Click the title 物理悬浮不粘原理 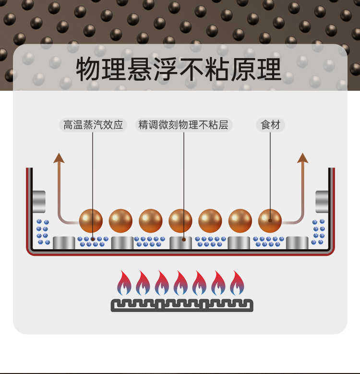pyautogui.click(x=179, y=70)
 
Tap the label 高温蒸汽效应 pyautogui.click(x=94, y=125)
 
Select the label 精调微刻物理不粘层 pyautogui.click(x=183, y=125)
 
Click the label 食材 pyautogui.click(x=270, y=125)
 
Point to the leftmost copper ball pyautogui.click(x=91, y=221)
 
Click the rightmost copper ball pyautogui.click(x=270, y=221)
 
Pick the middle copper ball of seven pyautogui.click(x=180, y=221)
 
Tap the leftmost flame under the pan pyautogui.click(x=124, y=284)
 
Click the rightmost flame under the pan pyautogui.click(x=237, y=284)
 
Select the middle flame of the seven pyautogui.click(x=180, y=284)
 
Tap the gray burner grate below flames pyautogui.click(x=181, y=305)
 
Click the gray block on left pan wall pyautogui.click(x=39, y=201)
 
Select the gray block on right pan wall pyautogui.click(x=322, y=201)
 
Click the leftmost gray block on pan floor pyautogui.click(x=64, y=243)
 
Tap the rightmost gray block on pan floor pyautogui.click(x=297, y=243)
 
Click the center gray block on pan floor pyautogui.click(x=180, y=243)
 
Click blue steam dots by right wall pyautogui.click(x=318, y=232)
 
